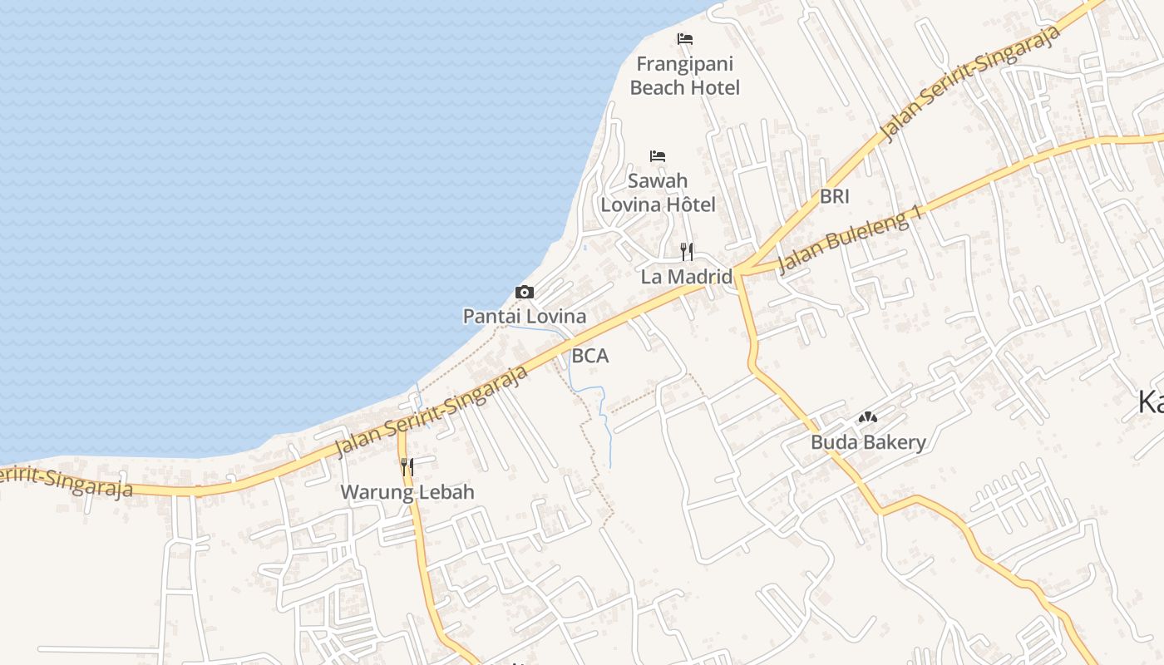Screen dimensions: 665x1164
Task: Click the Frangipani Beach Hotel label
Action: point(684,76)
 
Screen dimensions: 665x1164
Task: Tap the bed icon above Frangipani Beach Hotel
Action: point(684,38)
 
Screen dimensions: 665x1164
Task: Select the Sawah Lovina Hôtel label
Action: point(658,192)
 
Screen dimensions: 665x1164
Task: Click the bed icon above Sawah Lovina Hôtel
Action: point(658,155)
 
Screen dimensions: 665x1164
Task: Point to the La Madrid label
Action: point(686,277)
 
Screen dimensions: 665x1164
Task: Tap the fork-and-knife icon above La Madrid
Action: point(687,251)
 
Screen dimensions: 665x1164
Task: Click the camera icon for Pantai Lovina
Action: point(525,292)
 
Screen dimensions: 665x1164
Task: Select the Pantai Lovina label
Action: point(525,317)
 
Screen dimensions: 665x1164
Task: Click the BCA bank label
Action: point(590,357)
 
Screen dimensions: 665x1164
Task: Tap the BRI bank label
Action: point(834,197)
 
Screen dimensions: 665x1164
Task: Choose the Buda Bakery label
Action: point(868,442)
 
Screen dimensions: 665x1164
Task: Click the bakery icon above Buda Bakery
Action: point(868,417)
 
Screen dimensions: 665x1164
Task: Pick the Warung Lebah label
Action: point(407,492)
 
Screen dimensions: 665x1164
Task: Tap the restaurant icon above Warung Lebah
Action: point(407,467)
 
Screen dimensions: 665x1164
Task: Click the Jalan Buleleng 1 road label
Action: point(852,239)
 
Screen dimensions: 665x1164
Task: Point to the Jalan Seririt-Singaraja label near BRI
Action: point(970,83)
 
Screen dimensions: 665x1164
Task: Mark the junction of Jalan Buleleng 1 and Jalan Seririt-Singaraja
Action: point(737,272)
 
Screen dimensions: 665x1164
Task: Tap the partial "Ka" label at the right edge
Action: point(1151,404)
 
